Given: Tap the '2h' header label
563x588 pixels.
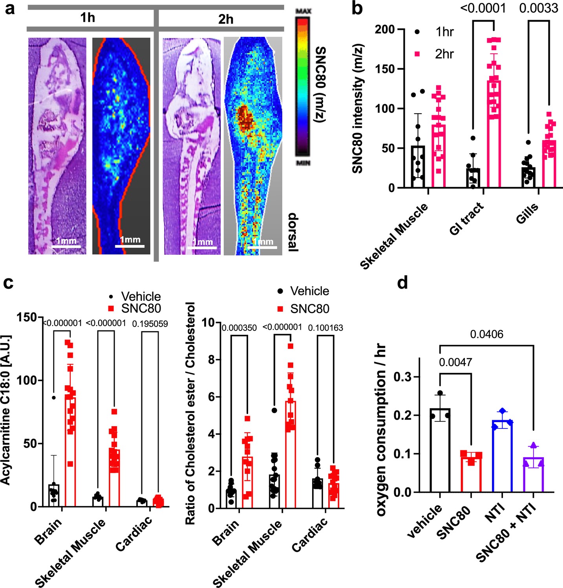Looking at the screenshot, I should [225, 19].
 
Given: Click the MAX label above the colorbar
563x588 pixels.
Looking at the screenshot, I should [303, 11].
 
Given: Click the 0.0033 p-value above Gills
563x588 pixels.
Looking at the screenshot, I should [538, 9].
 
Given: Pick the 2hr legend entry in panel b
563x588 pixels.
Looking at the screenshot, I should [444, 54].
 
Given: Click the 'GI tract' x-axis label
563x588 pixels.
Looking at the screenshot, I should [467, 220].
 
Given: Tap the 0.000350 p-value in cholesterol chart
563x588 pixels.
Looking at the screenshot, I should [239, 328].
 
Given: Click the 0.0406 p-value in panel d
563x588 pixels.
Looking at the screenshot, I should [486, 334].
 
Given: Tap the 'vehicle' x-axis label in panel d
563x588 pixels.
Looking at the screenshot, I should [425, 521].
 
